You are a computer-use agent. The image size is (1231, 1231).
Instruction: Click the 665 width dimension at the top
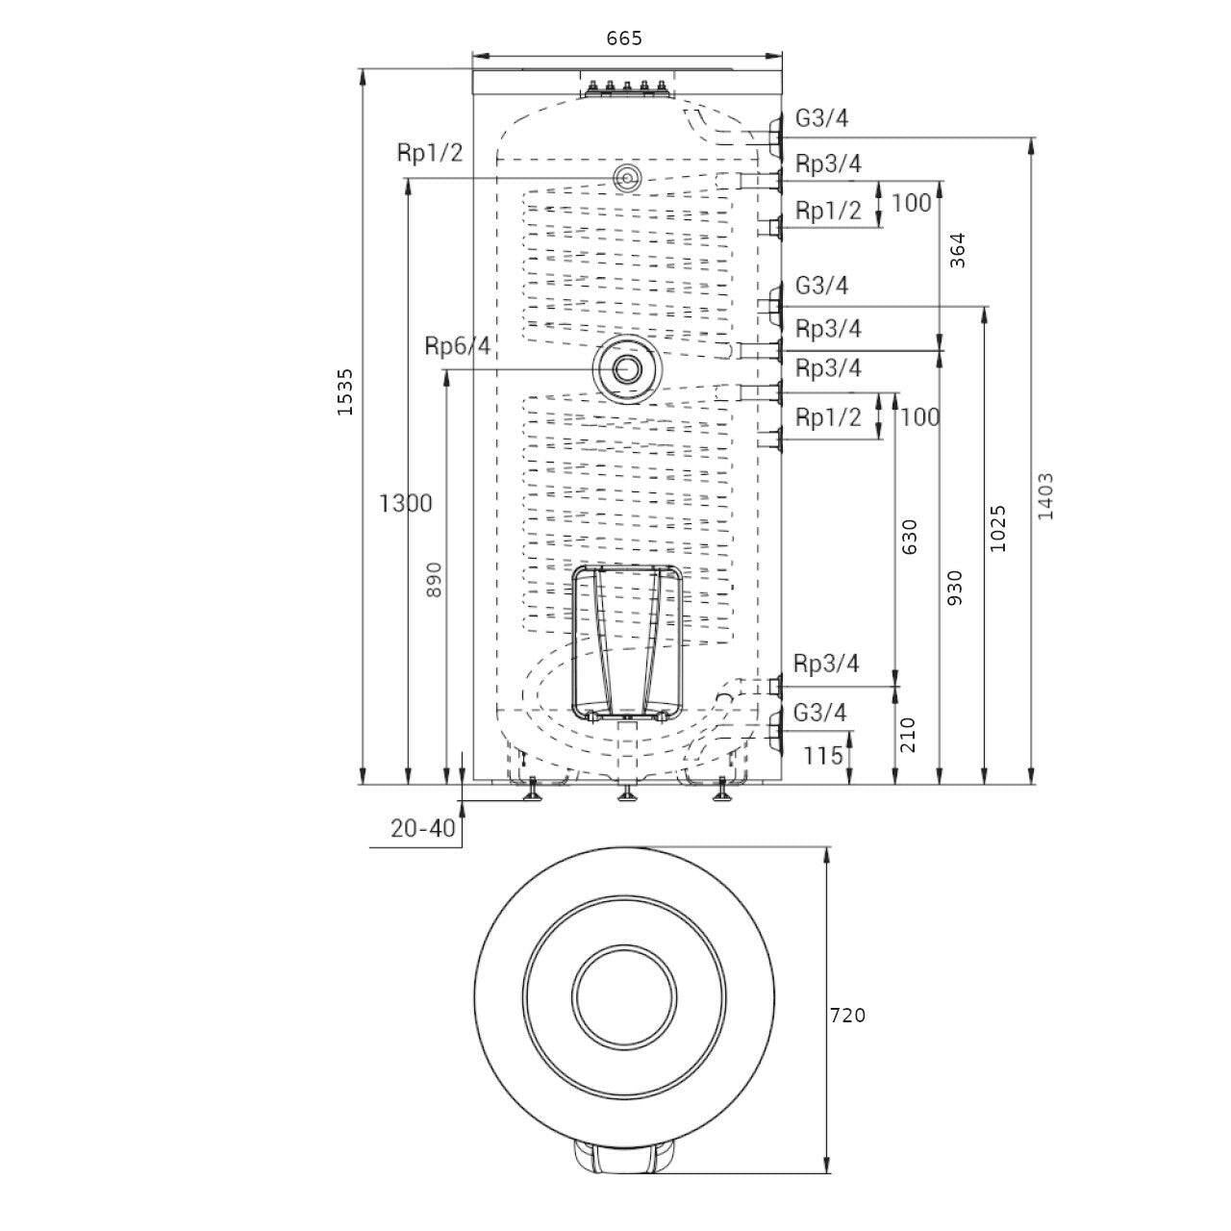pyautogui.click(x=623, y=39)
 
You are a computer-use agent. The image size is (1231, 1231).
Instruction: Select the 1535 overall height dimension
pyautogui.click(x=345, y=391)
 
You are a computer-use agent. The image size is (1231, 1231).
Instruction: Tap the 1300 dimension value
pyautogui.click(x=406, y=503)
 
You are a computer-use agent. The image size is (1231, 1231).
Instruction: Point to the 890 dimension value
pyautogui.click(x=434, y=579)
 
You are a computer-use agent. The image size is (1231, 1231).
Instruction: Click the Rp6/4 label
pyautogui.click(x=458, y=345)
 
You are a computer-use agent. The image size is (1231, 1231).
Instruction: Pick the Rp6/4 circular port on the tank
pyautogui.click(x=624, y=369)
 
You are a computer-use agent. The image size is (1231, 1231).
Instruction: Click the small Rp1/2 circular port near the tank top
pyautogui.click(x=625, y=177)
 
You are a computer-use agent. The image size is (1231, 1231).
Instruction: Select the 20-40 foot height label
pyautogui.click(x=423, y=829)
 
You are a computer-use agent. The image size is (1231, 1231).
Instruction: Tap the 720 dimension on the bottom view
pyautogui.click(x=847, y=1033)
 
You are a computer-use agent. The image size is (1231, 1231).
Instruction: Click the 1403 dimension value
pyautogui.click(x=1045, y=495)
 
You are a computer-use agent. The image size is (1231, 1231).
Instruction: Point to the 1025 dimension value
pyautogui.click(x=997, y=529)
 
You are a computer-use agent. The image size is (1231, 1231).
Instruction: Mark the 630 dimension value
pyautogui.click(x=910, y=537)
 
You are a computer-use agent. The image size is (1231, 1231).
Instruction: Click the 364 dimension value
pyautogui.click(x=957, y=250)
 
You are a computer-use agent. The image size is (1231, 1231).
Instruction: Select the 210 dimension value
pyautogui.click(x=909, y=735)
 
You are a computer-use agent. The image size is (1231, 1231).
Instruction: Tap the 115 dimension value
pyautogui.click(x=823, y=756)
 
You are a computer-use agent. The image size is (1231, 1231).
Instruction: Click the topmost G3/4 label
pyautogui.click(x=821, y=118)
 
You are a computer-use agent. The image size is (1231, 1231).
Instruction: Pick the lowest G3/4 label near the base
pyautogui.click(x=819, y=713)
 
